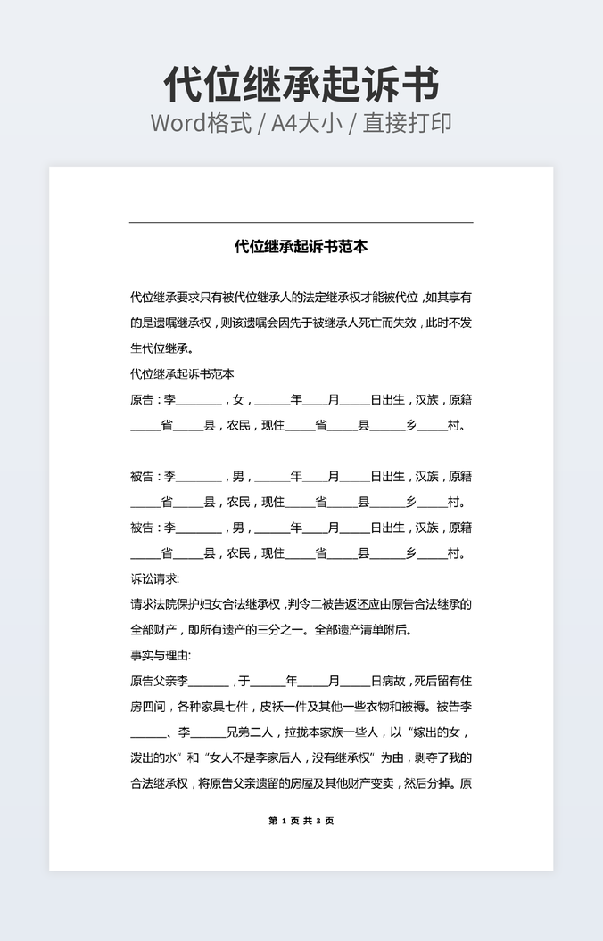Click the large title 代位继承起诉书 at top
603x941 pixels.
[x=301, y=86]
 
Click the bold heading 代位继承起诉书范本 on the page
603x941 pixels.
[x=301, y=246]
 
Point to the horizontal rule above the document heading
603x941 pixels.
[x=301, y=222]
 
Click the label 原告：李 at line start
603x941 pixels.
[x=153, y=400]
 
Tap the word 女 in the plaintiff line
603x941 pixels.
[x=237, y=400]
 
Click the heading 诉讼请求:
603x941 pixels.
[x=155, y=578]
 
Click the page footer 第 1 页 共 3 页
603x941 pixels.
[x=301, y=821]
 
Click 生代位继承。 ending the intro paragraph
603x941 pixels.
[x=161, y=348]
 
